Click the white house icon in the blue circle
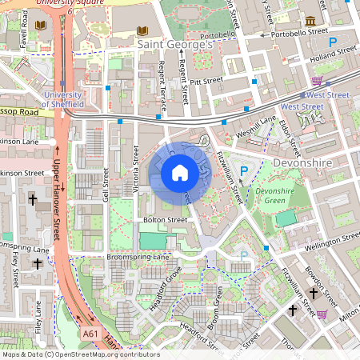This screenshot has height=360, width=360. point(180,173)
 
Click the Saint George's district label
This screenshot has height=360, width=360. point(175,46)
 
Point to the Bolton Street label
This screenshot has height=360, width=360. point(165,219)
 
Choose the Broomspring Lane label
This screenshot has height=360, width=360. point(138,257)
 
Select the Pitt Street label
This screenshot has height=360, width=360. point(206,81)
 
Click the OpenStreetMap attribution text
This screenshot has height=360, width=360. point(81,354)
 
